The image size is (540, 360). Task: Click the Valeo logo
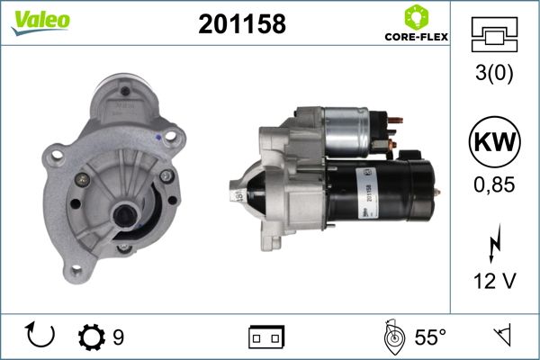coord(40,22)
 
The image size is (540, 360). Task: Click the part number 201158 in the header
coord(242,24)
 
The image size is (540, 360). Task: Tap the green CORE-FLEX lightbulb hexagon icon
coord(417,17)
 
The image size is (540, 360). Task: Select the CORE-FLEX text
coord(417,37)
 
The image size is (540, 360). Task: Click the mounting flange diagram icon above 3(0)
coord(494,34)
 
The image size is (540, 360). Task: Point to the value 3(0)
coord(494,73)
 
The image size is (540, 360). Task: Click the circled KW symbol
coord(494,142)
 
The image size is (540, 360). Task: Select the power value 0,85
coord(494,184)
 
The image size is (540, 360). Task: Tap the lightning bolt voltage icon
coord(495,243)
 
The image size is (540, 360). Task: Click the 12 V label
coord(495,281)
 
